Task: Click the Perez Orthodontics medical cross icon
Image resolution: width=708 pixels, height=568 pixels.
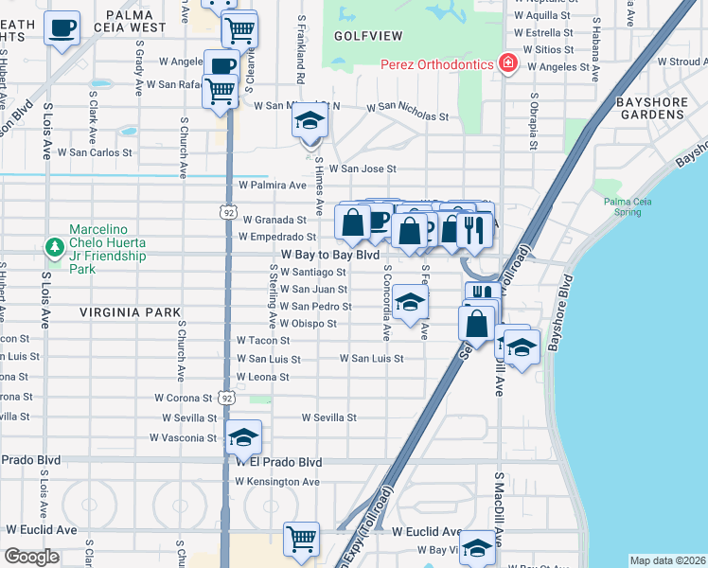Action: coord(508,63)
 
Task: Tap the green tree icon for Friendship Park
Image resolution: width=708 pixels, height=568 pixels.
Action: coord(55,247)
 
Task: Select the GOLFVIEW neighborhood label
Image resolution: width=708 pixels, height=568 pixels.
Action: coord(368,36)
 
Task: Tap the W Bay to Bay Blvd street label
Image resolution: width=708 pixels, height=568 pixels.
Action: coord(330,256)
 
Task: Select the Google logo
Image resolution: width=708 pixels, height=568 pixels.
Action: coord(32,557)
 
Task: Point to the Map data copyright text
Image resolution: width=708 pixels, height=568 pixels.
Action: coord(666,560)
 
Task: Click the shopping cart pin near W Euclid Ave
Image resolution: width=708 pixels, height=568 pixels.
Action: coord(302,541)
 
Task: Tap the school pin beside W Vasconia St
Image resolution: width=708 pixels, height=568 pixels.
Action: coord(243,437)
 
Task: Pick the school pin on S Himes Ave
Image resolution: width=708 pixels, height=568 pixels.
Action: coord(309,122)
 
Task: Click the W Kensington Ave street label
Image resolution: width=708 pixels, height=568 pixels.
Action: coord(277,482)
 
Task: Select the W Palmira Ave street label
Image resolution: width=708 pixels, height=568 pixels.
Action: coord(273,185)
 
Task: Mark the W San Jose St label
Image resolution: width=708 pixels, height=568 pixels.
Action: coord(367,169)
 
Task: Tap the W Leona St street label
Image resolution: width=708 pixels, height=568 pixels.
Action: coord(263,377)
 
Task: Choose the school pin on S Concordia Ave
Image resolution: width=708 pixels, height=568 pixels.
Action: coord(410,303)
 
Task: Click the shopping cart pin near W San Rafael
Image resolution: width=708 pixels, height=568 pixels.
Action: coord(221,92)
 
